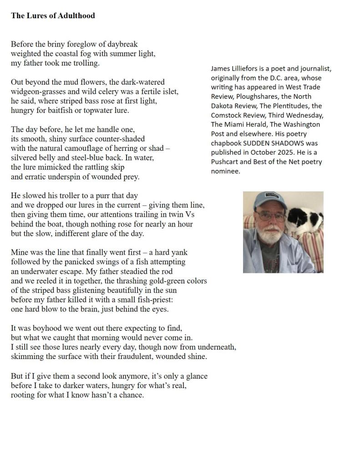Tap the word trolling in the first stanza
(x=85, y=63)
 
